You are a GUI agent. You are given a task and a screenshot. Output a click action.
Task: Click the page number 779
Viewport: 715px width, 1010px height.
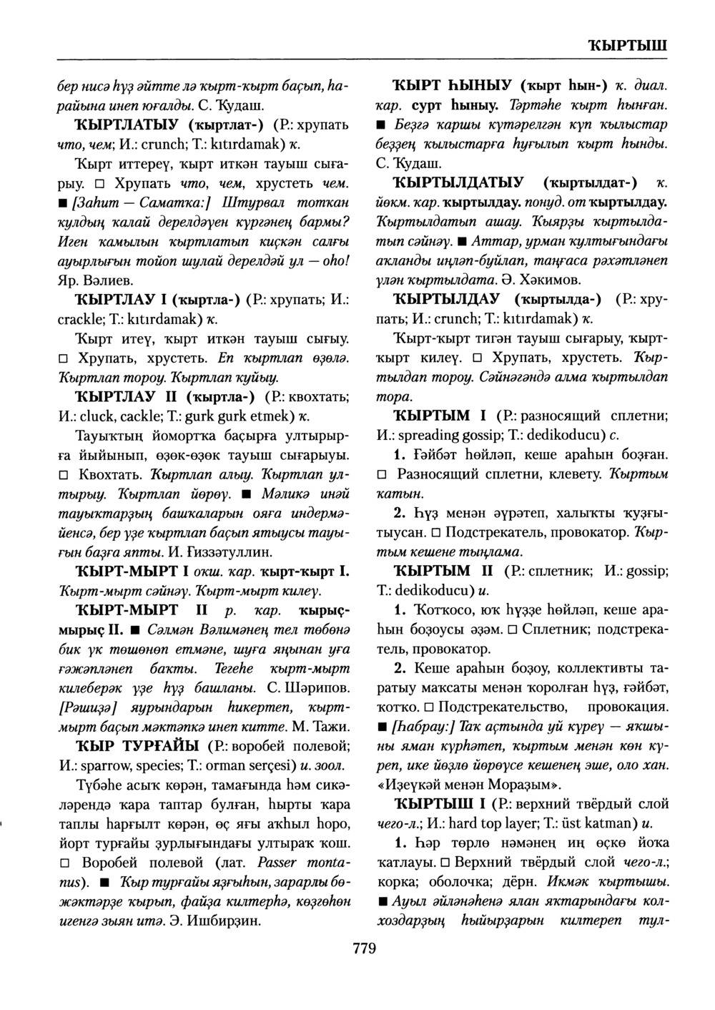(x=364, y=949)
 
